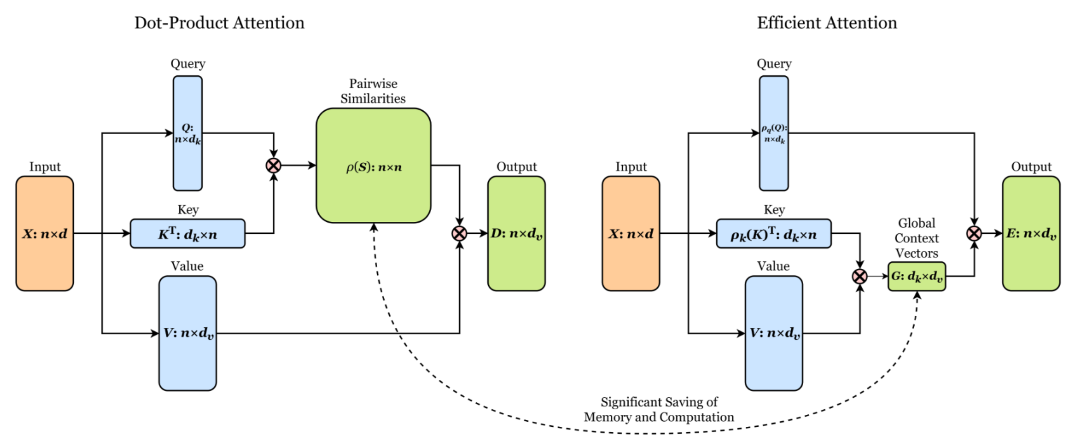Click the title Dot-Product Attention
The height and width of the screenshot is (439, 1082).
click(219, 23)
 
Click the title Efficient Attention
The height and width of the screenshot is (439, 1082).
click(827, 23)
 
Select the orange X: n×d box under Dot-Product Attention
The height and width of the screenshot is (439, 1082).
click(45, 233)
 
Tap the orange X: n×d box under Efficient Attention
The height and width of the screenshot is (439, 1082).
click(631, 233)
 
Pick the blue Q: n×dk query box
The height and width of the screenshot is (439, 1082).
click(188, 133)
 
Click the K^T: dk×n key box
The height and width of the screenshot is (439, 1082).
click(188, 233)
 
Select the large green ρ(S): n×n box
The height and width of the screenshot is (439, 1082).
click(374, 166)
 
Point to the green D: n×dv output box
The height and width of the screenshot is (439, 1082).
click(517, 233)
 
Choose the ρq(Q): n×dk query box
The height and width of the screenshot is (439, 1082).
click(774, 133)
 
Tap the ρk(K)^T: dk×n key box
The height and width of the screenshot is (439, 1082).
click(774, 233)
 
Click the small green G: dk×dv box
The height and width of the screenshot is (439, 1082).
click(917, 277)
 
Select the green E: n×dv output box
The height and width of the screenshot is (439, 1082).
click(1031, 233)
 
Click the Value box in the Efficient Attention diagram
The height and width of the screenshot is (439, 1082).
click(774, 333)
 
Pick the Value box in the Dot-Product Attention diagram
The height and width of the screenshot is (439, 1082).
click(188, 333)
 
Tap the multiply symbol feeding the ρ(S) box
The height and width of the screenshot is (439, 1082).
click(274, 166)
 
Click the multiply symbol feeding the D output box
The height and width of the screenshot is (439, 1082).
click(459, 233)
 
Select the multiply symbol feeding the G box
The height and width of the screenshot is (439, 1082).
click(860, 277)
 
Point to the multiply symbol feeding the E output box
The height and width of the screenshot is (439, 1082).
click(974, 233)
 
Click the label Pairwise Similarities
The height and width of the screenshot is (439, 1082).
click(373, 91)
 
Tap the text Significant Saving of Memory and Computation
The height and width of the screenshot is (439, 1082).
click(659, 410)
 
